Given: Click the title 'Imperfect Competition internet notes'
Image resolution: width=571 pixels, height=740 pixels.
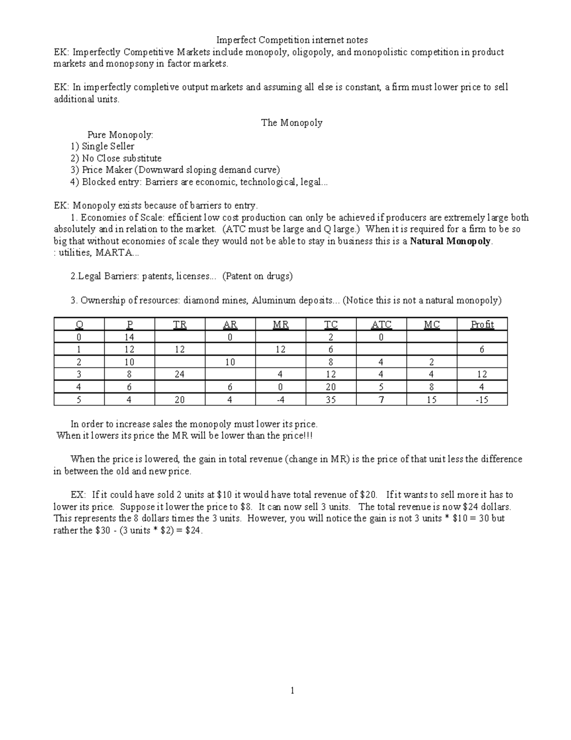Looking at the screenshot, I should [292, 40].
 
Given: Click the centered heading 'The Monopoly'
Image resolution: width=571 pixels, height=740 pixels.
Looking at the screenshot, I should [292, 122].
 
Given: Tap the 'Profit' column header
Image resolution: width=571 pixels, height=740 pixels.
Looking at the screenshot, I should [482, 324].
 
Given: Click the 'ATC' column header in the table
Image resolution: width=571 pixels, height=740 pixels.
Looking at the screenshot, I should [381, 324].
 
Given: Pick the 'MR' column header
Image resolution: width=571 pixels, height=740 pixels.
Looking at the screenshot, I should [280, 324].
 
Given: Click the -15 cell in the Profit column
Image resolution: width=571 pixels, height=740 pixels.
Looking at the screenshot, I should [482, 400].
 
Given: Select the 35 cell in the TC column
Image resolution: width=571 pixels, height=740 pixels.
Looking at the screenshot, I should [331, 400].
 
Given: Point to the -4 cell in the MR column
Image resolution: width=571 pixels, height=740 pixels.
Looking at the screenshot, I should [280, 400].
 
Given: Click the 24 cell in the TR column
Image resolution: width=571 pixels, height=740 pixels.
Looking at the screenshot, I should [179, 375].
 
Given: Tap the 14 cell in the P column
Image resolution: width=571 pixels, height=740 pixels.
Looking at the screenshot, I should [129, 337].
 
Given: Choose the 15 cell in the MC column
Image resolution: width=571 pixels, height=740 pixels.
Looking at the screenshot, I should [432, 400].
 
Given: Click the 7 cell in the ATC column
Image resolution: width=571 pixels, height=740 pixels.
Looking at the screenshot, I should [381, 400].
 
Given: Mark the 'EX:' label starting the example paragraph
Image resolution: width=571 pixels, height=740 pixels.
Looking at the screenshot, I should [79, 495].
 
